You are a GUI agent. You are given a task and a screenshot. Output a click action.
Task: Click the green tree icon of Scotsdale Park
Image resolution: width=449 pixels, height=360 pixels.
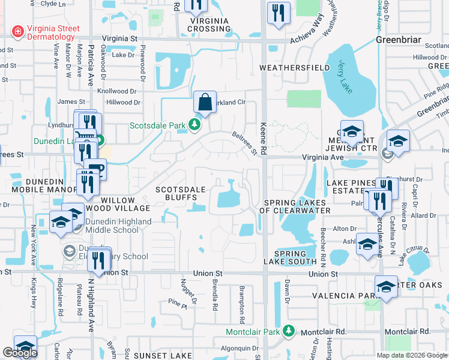coord(194,125)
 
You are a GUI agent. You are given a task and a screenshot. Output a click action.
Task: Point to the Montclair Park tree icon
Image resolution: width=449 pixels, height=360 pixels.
coord(289,331)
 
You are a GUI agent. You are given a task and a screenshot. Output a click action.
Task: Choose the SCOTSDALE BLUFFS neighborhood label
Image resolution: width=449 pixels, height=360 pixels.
coord(181,193)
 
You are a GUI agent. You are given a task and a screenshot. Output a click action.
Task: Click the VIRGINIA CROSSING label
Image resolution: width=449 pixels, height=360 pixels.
coord(209,25)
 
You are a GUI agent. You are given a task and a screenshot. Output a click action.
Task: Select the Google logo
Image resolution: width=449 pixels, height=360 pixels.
coord(20,353)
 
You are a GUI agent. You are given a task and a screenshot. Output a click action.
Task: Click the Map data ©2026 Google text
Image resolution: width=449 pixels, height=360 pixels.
coord(412,355)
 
